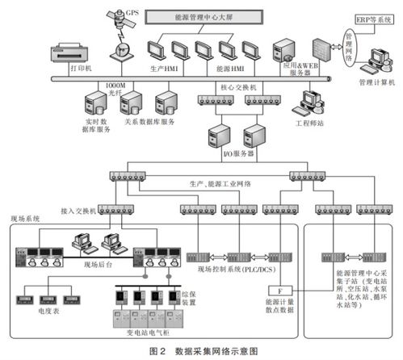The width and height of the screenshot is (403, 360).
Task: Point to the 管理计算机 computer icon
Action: point(376,61)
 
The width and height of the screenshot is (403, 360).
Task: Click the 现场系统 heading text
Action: point(26,219)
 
